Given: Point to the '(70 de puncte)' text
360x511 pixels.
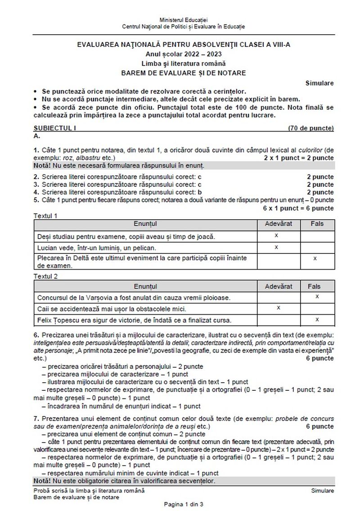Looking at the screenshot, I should tap(311, 128).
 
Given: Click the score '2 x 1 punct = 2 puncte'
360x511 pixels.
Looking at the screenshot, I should tap(299, 158).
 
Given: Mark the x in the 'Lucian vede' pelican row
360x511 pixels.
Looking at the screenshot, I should tap(276, 247).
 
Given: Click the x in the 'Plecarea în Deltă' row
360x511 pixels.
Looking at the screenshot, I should tap(315, 258).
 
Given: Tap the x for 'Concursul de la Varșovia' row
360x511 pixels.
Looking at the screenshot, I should tap(317, 296).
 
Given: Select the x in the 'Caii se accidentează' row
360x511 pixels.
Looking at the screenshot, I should tap(278, 308).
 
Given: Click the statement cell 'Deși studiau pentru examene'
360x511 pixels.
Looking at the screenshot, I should tap(126, 236).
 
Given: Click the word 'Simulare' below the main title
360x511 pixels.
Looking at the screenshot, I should tap(319, 83).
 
